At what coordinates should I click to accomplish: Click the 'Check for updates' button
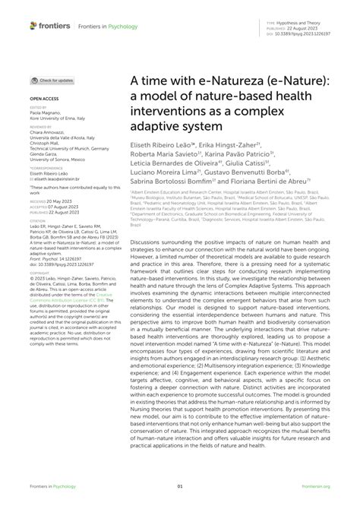tap(52, 80)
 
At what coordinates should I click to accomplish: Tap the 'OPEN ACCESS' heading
tap(45, 99)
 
